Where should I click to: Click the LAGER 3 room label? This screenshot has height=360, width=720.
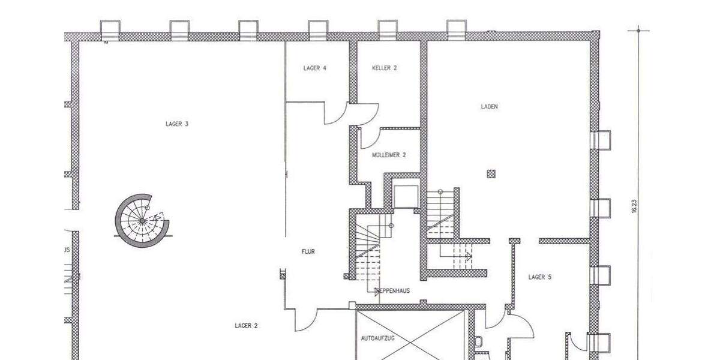(x=177, y=124)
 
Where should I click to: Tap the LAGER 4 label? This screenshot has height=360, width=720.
(x=315, y=68)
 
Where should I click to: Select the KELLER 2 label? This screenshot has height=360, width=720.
(x=385, y=68)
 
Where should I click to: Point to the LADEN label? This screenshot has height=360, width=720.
(x=489, y=107)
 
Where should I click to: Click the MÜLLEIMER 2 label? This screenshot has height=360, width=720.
(x=389, y=155)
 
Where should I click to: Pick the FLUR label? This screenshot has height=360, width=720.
(x=308, y=252)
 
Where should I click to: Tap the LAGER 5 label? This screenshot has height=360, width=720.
(x=540, y=277)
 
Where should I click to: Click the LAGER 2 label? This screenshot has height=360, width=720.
(x=246, y=326)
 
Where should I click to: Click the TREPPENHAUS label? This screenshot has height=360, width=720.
(x=392, y=291)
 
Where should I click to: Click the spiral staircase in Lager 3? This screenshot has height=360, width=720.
(x=142, y=221)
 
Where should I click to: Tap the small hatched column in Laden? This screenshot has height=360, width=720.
(x=491, y=174)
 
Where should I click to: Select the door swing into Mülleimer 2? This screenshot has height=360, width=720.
(x=368, y=138)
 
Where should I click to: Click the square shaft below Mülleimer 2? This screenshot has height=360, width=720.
(x=406, y=196)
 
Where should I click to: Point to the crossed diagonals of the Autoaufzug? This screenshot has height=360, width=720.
(x=411, y=336)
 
